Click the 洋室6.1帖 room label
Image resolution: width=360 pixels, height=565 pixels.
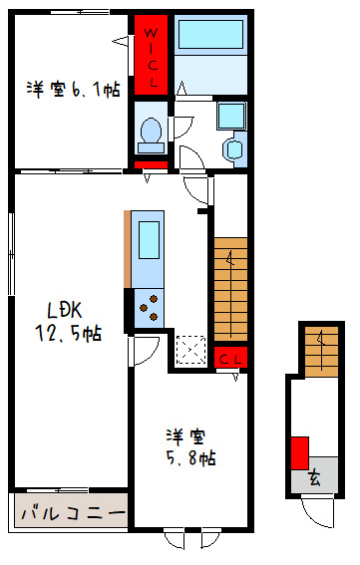tap(73, 90)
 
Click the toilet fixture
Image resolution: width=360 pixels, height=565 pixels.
tap(151, 131)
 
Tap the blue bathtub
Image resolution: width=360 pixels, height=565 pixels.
tap(210, 37)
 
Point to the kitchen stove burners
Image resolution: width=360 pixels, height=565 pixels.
tap(149, 306)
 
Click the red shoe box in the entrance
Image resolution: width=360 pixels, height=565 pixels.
tap(299, 453)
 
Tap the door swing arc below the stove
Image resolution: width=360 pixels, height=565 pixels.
tap(147, 350)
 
